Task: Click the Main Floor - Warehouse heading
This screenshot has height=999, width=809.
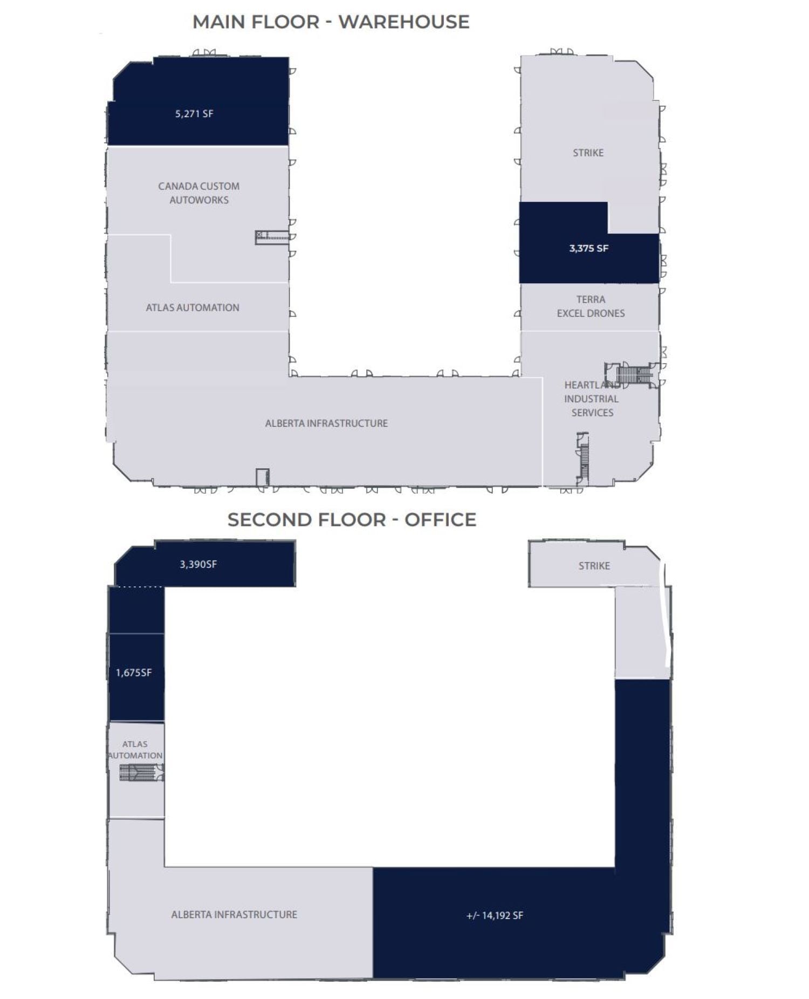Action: (x=331, y=22)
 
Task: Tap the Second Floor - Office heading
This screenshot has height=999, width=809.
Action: (x=352, y=519)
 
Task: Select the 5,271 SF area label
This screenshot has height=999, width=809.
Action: (x=194, y=114)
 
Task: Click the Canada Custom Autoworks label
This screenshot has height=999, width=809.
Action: (x=199, y=193)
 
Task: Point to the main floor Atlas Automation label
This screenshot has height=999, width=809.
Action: (x=193, y=307)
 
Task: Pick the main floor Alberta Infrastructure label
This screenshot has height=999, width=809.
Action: (x=326, y=423)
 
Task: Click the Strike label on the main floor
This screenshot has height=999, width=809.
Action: (x=588, y=153)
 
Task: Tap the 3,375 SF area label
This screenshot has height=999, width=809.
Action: (x=589, y=249)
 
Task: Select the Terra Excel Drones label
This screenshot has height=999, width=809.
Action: (x=591, y=306)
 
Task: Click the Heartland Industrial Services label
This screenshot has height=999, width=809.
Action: (x=592, y=399)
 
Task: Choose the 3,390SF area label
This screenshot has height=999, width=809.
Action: (x=198, y=564)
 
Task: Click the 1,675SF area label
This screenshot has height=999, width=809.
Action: (x=134, y=673)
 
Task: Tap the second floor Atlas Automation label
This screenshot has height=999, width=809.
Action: (x=135, y=750)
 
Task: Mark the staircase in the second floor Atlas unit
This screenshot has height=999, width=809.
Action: (x=141, y=772)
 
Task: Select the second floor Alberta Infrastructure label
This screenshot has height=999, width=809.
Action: (x=234, y=915)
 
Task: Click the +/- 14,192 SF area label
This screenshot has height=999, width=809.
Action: (x=495, y=915)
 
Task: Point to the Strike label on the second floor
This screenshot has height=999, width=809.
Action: (x=594, y=566)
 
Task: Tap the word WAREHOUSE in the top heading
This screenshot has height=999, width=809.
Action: (x=404, y=22)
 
